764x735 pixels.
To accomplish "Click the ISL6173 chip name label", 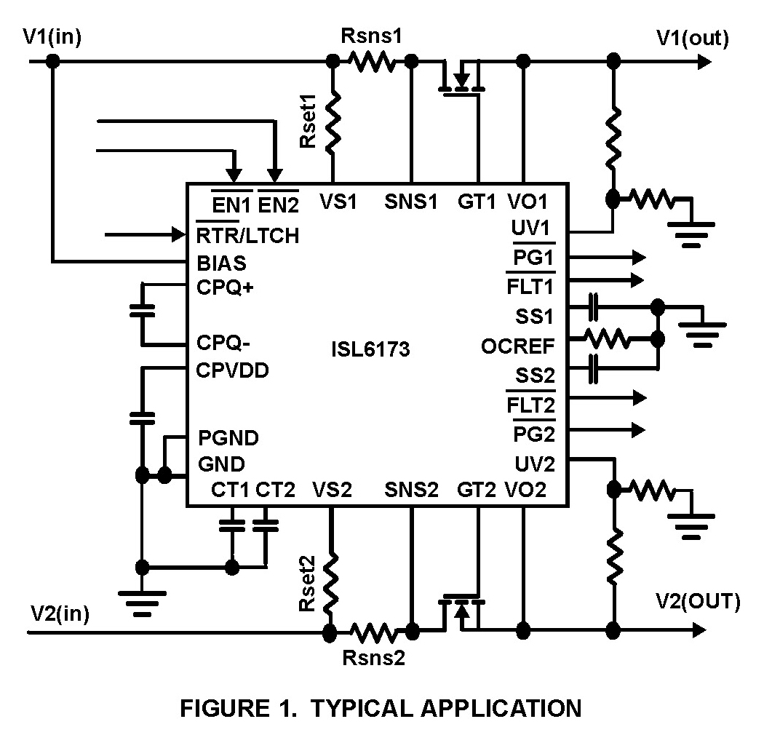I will (x=370, y=349).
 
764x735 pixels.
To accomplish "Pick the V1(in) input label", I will (x=52, y=38).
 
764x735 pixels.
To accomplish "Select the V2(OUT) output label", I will (x=698, y=601).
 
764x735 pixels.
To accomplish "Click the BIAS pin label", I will (x=221, y=263).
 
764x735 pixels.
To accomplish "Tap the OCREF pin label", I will (x=517, y=346).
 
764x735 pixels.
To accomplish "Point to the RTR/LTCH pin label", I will (x=247, y=236).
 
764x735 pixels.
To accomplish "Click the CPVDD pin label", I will (x=233, y=370).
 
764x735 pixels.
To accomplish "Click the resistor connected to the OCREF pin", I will (x=605, y=338).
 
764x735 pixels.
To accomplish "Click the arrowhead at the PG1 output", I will (x=639, y=257).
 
